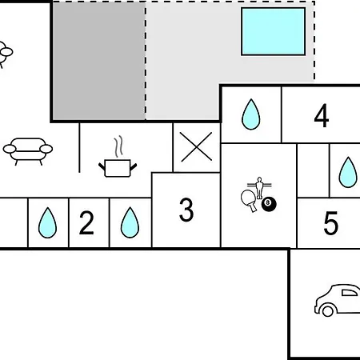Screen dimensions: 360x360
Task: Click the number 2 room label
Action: (x=86, y=222)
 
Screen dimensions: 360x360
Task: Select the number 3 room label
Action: (x=186, y=210)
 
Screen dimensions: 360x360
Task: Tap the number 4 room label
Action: (x=322, y=115)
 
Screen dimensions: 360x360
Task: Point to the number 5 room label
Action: (x=330, y=223)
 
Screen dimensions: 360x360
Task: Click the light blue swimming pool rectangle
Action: (x=273, y=31)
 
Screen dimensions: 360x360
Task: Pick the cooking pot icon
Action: (x=118, y=168)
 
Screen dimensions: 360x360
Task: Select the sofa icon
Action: (x=28, y=151)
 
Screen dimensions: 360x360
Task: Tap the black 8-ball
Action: (x=269, y=204)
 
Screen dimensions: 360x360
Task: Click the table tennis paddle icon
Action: (x=249, y=201)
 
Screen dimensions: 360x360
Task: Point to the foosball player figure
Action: (x=259, y=188)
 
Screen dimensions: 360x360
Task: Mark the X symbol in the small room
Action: (x=196, y=146)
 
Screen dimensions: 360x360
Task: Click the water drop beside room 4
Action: (x=250, y=114)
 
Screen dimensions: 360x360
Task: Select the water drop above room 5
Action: (x=348, y=173)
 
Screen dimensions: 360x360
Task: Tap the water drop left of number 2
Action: (x=47, y=222)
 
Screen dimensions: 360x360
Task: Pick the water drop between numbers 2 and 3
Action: (x=130, y=222)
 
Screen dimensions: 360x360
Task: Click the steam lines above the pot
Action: (x=119, y=146)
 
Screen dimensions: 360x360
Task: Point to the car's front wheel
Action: (x=328, y=310)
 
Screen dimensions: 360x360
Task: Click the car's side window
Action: (x=350, y=293)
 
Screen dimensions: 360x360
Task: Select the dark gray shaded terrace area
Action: (x=99, y=61)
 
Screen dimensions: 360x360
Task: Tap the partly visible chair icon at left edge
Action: (x=6, y=54)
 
